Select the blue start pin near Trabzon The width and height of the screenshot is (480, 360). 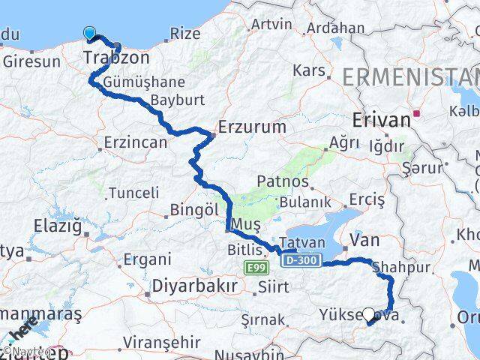pyautogui.click(x=90, y=32)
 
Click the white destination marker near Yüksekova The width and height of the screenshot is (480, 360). pyautogui.click(x=368, y=315)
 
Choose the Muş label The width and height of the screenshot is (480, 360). pyautogui.click(x=247, y=224)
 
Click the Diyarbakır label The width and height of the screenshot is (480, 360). pyautogui.click(x=194, y=286)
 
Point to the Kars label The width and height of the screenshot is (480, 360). pyautogui.click(x=310, y=70)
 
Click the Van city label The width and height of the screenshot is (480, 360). pyautogui.click(x=365, y=240)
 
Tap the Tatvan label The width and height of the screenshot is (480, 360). pyautogui.click(x=301, y=242)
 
